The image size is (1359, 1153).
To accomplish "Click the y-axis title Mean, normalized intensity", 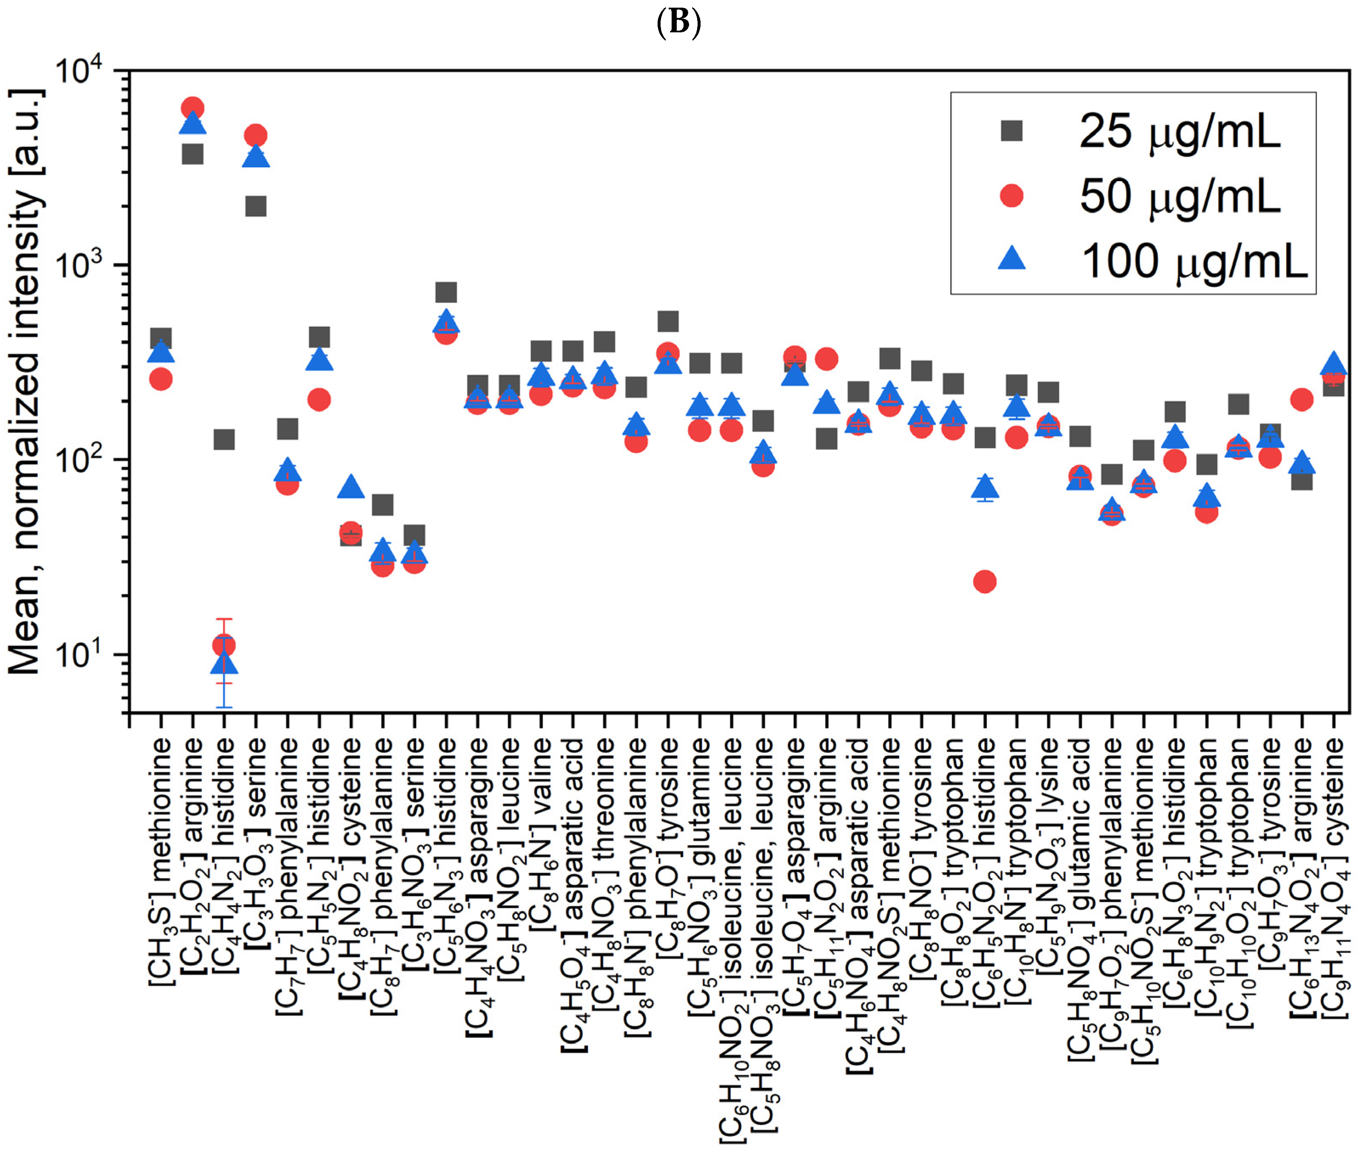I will (x=26, y=382).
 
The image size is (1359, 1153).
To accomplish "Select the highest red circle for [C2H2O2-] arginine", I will (x=192, y=108).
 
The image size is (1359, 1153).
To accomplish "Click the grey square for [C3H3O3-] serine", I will (x=256, y=206).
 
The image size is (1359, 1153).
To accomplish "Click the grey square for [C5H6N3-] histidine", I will (x=446, y=292).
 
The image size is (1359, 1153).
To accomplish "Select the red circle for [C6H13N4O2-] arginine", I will (x=1302, y=400).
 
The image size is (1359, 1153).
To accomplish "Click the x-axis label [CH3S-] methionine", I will (x=161, y=863).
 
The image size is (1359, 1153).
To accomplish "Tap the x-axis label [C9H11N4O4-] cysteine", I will (x=1333, y=876).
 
